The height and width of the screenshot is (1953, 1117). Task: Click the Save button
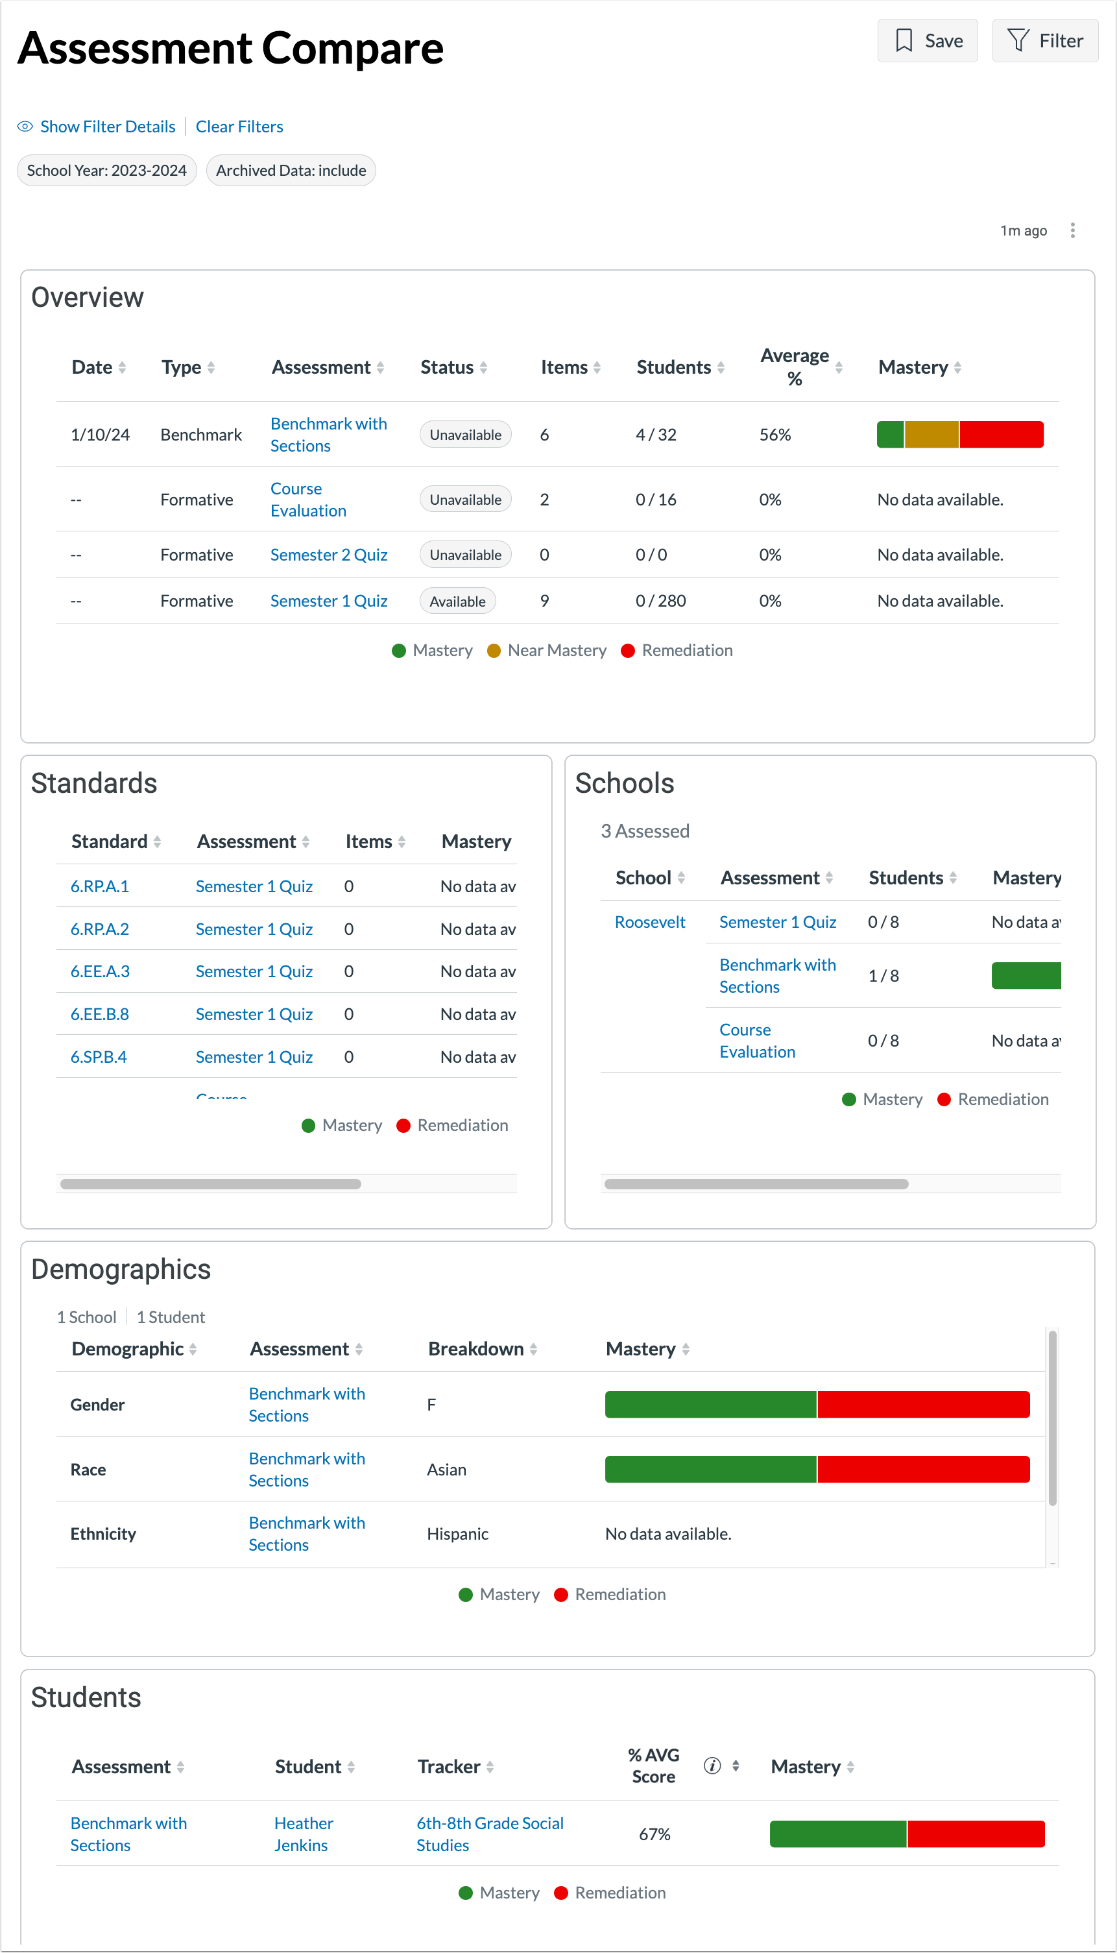(927, 41)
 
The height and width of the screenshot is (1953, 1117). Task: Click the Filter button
(1044, 41)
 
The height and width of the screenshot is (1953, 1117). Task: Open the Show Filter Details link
(108, 127)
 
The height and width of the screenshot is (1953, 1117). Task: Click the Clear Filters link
(239, 127)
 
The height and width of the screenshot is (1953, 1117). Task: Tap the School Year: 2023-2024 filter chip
(106, 171)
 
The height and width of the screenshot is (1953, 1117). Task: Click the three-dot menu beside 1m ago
(1072, 230)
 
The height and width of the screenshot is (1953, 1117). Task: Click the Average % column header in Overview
(794, 367)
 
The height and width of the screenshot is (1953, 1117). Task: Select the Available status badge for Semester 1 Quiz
(457, 601)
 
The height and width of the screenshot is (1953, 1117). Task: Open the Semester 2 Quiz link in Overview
(328, 555)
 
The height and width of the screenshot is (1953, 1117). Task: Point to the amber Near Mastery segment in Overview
(931, 434)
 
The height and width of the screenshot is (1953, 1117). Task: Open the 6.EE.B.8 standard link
(100, 1015)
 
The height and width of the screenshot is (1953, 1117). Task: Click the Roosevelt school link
(650, 923)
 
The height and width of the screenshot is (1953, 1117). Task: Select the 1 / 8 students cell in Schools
(883, 976)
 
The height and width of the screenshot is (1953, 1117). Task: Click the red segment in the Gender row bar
(923, 1404)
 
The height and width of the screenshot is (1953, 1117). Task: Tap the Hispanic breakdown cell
(457, 1534)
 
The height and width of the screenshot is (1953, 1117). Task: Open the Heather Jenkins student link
(303, 1834)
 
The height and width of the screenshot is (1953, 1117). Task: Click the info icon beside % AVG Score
(712, 1765)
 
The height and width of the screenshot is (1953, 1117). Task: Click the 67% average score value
(655, 1834)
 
